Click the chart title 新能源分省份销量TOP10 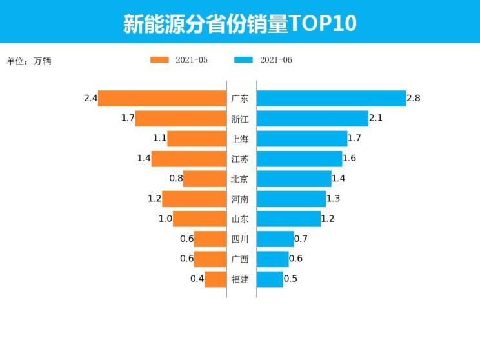tap(240, 23)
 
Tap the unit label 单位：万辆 tap(28, 61)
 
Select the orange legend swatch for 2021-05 tap(159, 60)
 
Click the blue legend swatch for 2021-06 tap(243, 60)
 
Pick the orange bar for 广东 tap(162, 99)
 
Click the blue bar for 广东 tap(331, 99)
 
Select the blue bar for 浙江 tap(312, 119)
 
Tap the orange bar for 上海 tap(197, 139)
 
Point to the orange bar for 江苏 tap(189, 159)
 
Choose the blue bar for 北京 tap(294, 179)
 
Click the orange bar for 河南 tap(194, 199)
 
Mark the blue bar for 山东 tap(288, 219)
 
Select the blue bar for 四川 tap(275, 239)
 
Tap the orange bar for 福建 tap(215, 279)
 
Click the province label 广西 tap(240, 259)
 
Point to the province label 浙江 tap(240, 119)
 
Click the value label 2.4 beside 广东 tap(90, 99)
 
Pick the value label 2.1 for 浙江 tap(376, 119)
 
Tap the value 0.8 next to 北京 tap(176, 179)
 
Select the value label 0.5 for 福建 tap(290, 279)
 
